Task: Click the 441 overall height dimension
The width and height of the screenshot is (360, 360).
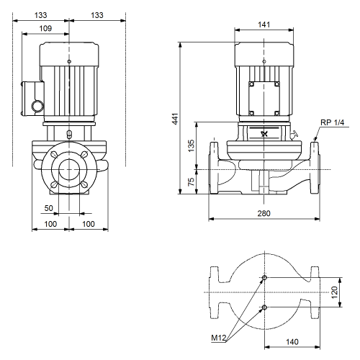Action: point(176,119)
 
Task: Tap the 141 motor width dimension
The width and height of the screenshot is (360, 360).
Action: point(264,24)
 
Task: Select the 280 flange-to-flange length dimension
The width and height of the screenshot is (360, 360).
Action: point(264,213)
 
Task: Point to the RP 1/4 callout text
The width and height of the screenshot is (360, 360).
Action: point(333,122)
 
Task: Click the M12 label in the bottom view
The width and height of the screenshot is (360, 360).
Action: point(219,338)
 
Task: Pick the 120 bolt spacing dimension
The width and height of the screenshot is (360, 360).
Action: point(334,292)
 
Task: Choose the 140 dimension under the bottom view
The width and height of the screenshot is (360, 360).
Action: point(292,342)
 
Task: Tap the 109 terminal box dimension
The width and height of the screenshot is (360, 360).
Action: point(45,28)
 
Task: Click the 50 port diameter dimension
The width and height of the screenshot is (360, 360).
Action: point(48,208)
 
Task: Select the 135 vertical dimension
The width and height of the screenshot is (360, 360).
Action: point(191,145)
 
